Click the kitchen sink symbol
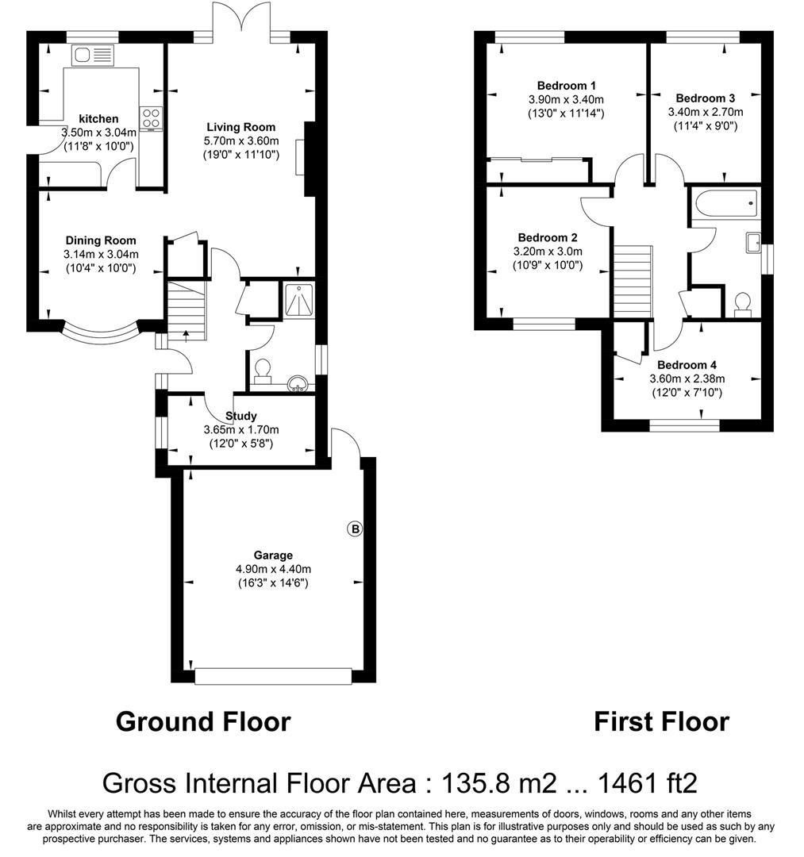click(x=93, y=56)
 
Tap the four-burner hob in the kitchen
click(x=151, y=117)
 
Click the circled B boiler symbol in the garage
click(x=356, y=529)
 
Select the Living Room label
click(x=241, y=127)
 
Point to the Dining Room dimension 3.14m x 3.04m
click(x=101, y=254)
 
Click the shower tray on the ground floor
click(x=299, y=299)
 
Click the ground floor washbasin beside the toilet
click(x=298, y=383)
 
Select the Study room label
click(x=241, y=416)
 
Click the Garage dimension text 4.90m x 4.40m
click(x=273, y=569)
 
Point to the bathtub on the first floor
click(x=726, y=203)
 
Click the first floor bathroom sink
click(x=753, y=243)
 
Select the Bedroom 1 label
click(x=566, y=86)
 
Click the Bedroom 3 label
click(x=705, y=98)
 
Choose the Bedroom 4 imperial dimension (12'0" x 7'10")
click(x=687, y=393)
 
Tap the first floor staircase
click(x=633, y=281)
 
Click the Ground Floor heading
click(x=203, y=721)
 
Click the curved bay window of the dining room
click(x=101, y=334)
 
